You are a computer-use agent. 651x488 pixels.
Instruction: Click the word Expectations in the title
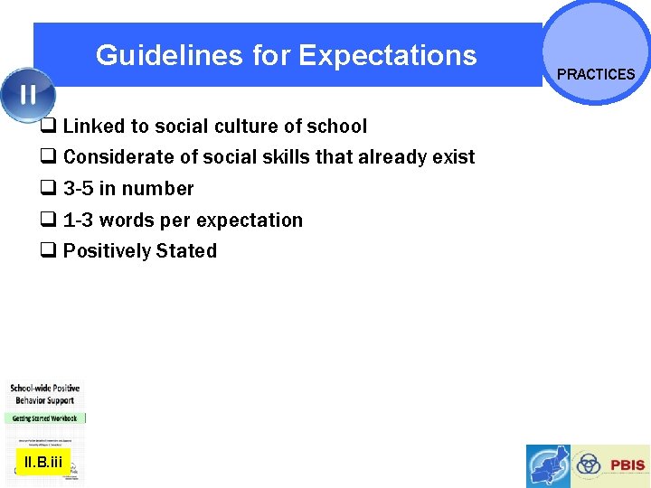387,56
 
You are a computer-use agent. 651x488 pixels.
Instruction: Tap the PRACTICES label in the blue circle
596,74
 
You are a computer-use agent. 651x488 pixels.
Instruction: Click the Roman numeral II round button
27,94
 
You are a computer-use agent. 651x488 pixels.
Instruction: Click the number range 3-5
79,189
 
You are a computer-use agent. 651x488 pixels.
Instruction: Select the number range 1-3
79,221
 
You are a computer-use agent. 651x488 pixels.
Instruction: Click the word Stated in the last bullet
187,251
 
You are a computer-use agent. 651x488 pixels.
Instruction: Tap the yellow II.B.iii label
43,463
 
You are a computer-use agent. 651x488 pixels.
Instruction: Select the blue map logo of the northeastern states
550,466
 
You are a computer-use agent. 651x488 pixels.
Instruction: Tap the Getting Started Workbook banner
44,418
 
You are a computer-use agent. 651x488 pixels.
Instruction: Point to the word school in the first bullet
337,126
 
